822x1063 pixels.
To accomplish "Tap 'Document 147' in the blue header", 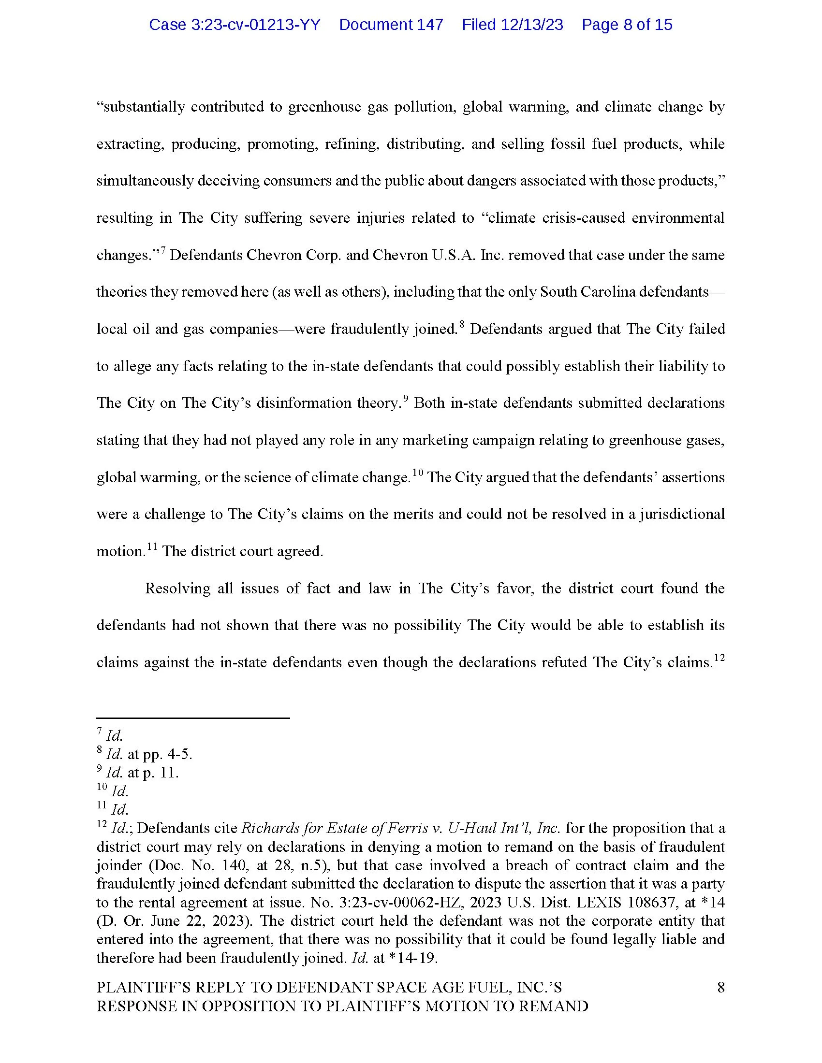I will click(391, 25).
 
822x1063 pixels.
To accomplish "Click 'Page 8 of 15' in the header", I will click(627, 25).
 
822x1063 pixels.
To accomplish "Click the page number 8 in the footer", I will click(721, 987).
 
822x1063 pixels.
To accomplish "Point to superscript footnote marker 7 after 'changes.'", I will click(163, 250).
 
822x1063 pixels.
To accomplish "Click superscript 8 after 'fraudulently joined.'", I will click(462, 324).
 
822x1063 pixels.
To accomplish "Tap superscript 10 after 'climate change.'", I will click(418, 472).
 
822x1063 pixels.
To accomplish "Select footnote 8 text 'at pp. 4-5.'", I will click(160, 754).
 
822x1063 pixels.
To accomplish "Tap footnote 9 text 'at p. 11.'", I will click(153, 773).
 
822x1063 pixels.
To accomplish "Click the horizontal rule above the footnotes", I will click(193, 718).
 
